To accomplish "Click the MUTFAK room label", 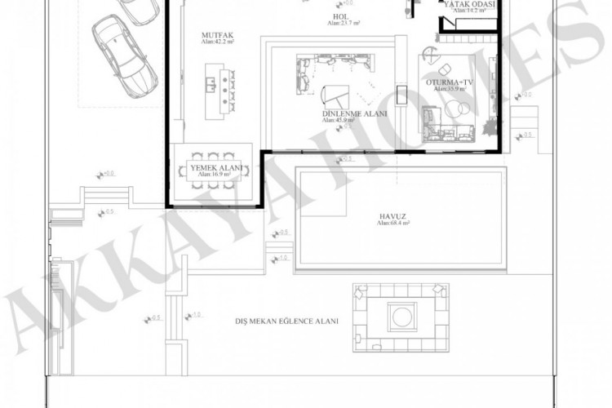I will [x=217, y=36].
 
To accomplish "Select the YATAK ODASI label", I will [x=468, y=5].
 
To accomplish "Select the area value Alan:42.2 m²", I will [x=217, y=43].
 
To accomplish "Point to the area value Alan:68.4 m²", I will [x=393, y=223].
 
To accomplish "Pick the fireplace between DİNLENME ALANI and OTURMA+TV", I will [x=401, y=95].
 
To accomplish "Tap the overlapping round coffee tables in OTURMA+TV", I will [x=459, y=109].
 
